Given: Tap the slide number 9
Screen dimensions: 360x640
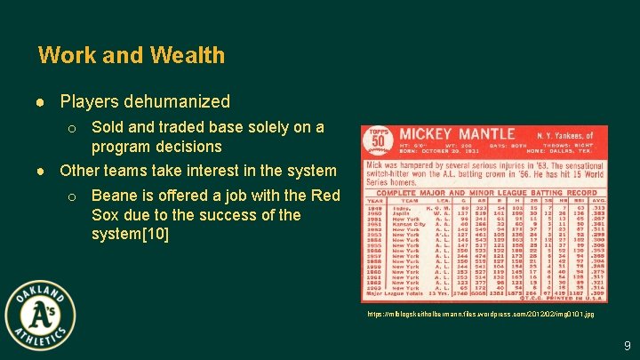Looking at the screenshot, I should (627, 345).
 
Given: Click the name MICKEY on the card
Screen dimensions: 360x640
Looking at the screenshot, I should (429, 134).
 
